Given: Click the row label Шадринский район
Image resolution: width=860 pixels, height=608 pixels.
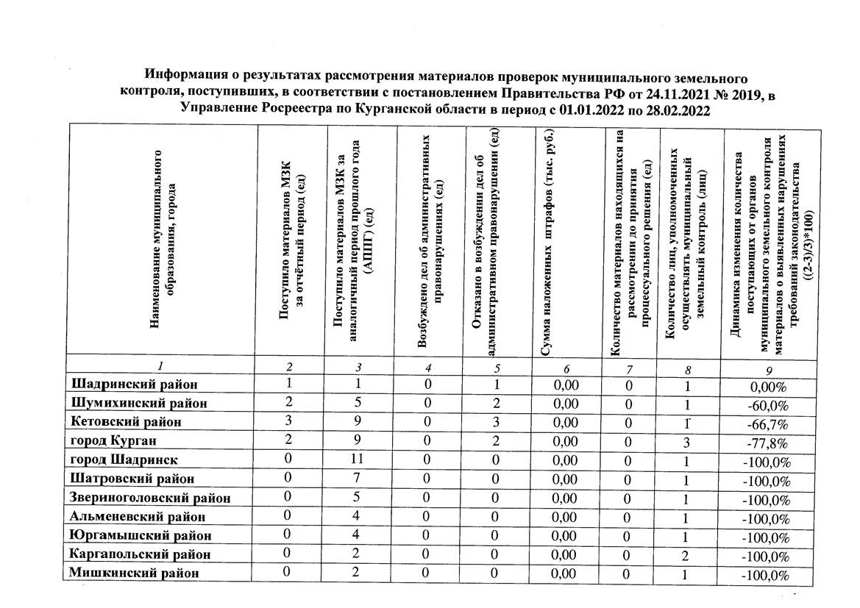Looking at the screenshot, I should click(135, 384).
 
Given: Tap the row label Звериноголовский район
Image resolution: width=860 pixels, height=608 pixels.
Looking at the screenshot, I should click(150, 498).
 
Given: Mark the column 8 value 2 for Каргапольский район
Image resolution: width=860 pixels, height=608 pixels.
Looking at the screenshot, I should click(685, 555).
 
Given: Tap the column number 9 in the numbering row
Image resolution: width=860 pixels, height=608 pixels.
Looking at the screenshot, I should click(768, 371).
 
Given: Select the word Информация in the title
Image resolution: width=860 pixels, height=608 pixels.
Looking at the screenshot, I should click(180, 76).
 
